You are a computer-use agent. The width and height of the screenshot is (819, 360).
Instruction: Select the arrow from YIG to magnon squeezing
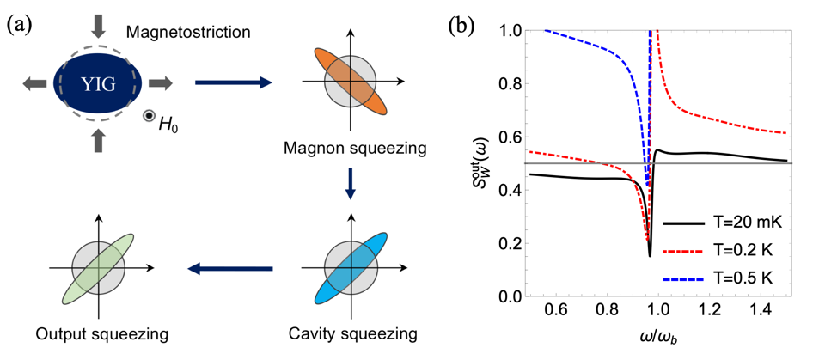point(234,82)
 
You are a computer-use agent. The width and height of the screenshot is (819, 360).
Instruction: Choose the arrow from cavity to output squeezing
point(229,270)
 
